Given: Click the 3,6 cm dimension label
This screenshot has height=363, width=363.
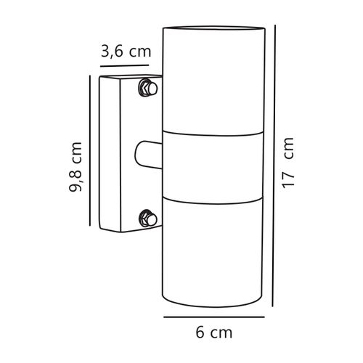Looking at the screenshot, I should [126, 52].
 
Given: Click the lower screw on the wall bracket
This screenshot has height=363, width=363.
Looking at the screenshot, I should [147, 217].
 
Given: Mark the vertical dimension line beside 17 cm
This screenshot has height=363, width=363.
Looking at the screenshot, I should [272, 162].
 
